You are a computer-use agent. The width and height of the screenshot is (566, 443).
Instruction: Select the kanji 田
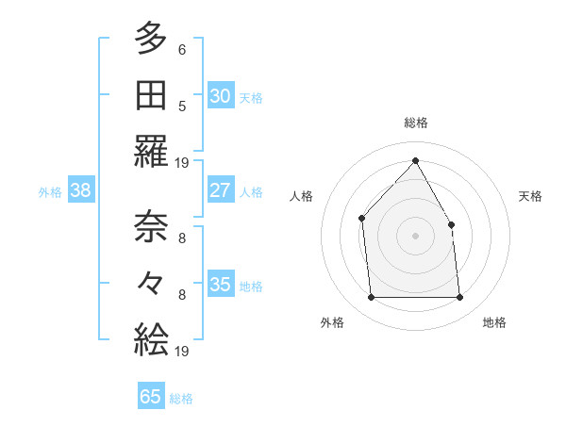pyautogui.click(x=151, y=95)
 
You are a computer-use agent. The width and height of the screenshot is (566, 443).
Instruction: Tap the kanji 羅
pyautogui.click(x=151, y=151)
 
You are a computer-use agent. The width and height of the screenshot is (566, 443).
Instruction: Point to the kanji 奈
pyautogui.click(x=151, y=226)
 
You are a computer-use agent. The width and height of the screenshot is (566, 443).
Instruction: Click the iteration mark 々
pyautogui.click(x=151, y=284)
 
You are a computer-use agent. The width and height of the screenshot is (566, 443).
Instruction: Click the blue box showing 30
pyautogui.click(x=220, y=95)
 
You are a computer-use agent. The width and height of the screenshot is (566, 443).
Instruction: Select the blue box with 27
pyautogui.click(x=220, y=190)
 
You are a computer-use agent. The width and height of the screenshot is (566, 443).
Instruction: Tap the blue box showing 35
pyautogui.click(x=220, y=285)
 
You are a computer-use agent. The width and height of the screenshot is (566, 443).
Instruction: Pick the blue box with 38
pyautogui.click(x=81, y=190)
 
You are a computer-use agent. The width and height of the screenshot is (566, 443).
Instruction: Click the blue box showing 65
pyautogui.click(x=151, y=397)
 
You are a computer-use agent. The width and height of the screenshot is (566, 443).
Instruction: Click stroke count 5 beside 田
pyautogui.click(x=182, y=106)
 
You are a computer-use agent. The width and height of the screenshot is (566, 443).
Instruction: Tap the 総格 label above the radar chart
pyautogui.click(x=415, y=123)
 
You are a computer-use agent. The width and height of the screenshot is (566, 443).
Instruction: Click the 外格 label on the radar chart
pyautogui.click(x=332, y=322)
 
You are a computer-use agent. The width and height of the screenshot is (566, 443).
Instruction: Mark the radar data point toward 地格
pyautogui.click(x=459, y=298)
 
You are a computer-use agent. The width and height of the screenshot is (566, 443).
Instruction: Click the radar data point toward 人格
pyautogui.click(x=362, y=219)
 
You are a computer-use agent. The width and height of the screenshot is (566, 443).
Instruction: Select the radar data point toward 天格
pyautogui.click(x=451, y=224)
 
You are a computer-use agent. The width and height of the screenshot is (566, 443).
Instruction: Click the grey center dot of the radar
pyautogui.click(x=415, y=236)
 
